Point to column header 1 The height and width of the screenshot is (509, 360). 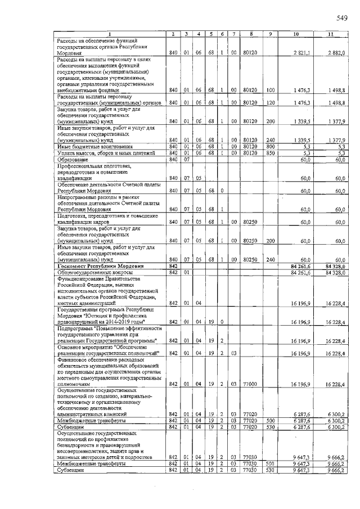click(x=109, y=35)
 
